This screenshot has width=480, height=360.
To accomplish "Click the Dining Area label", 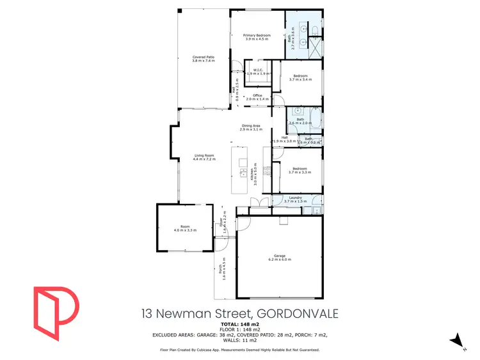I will coord(250,127).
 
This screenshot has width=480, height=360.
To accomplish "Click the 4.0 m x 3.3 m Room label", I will coord(186,228).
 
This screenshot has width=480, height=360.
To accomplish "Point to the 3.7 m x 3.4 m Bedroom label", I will coord(300,78).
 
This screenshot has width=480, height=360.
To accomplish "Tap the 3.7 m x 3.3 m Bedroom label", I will coord(300,170).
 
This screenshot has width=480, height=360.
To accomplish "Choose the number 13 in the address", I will coord(148,314).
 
